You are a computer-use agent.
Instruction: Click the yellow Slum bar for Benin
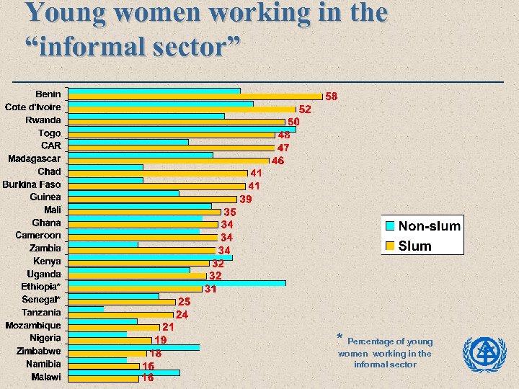195,97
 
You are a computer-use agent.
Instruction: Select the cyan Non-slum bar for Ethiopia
177,283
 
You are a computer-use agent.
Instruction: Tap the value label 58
332,96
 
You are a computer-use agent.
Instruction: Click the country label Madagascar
35,158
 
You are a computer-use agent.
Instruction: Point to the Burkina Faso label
32,184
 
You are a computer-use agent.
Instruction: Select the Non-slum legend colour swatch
390,226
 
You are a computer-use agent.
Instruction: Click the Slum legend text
414,246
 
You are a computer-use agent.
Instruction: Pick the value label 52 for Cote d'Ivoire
305,109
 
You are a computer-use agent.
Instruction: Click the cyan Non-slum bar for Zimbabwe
133,347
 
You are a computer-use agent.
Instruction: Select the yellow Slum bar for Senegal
121,302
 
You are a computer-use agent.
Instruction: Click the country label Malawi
46,377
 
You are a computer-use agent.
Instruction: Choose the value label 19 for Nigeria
160,339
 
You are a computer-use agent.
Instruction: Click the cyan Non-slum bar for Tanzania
86,308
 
